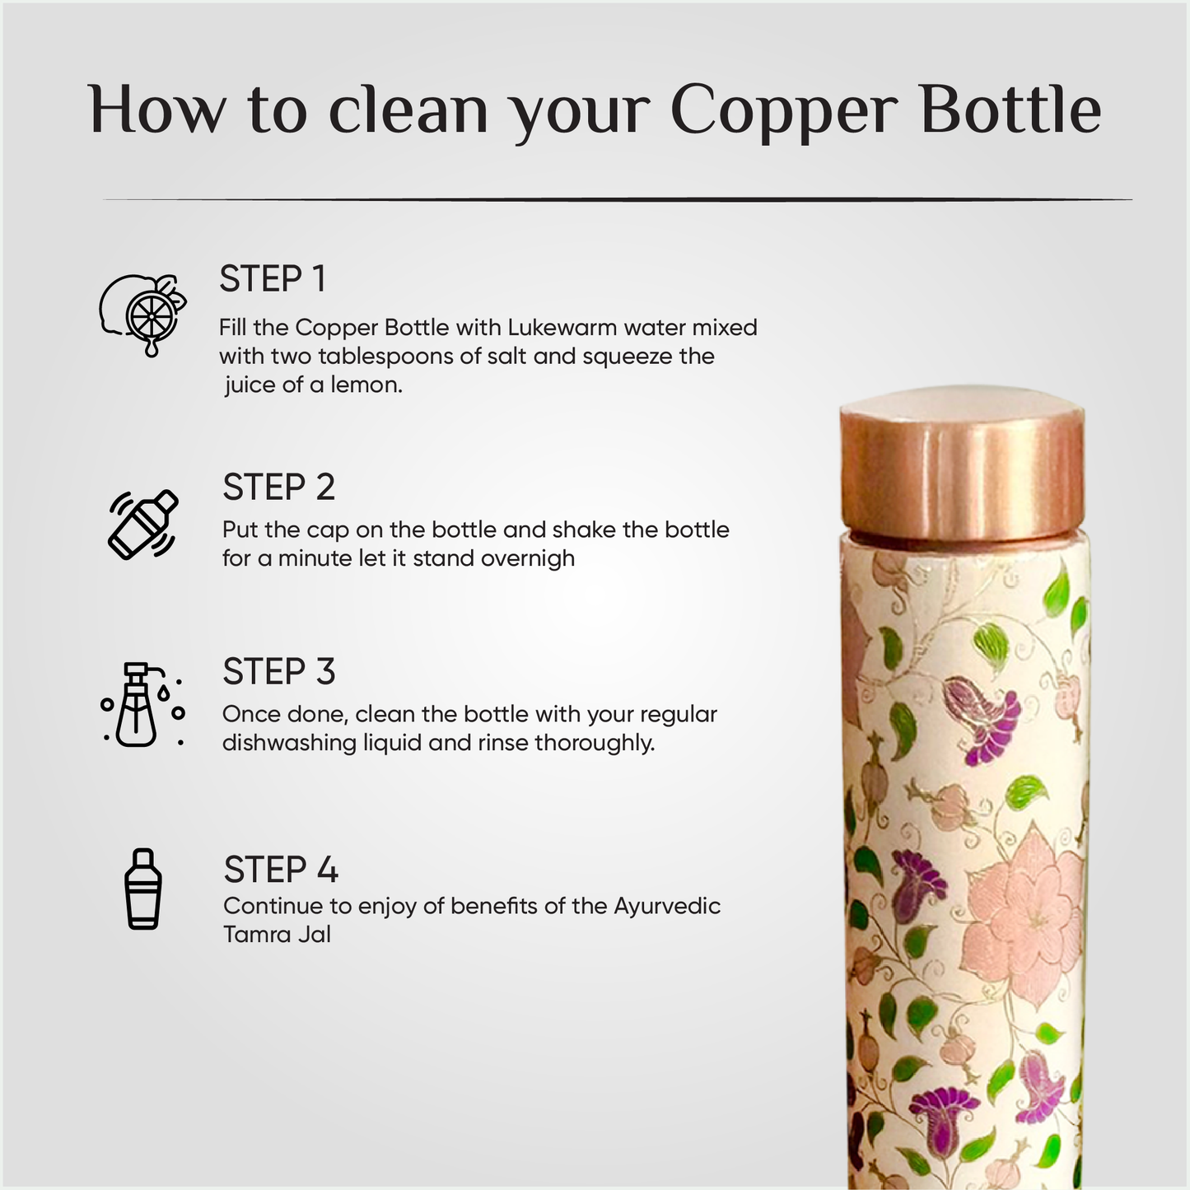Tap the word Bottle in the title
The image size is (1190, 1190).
[x=1010, y=110]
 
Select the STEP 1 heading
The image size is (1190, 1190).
[x=273, y=279]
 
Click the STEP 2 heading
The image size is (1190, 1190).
[x=278, y=488]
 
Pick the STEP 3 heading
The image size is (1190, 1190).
[x=278, y=672]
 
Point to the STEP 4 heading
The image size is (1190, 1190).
[x=281, y=870]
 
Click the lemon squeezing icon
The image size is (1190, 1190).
[x=143, y=314]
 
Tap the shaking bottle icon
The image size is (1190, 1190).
[x=143, y=525]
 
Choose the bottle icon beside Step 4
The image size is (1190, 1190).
[x=143, y=889]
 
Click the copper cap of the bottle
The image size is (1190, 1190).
[x=962, y=465]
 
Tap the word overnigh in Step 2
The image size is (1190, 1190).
[x=527, y=558]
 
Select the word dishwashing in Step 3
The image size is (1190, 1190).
[x=289, y=743]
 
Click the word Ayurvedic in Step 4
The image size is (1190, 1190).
[x=667, y=906]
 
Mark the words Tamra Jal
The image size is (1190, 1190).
[x=277, y=935]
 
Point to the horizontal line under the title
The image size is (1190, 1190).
[x=618, y=199]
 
